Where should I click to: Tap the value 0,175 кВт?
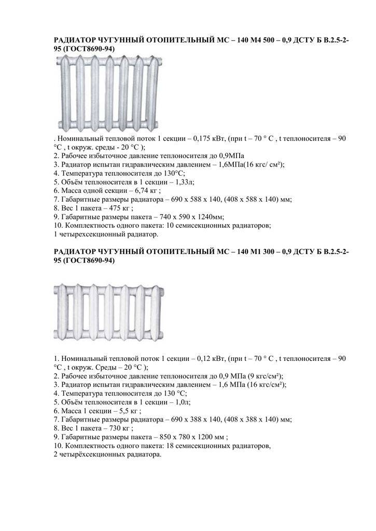210,139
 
